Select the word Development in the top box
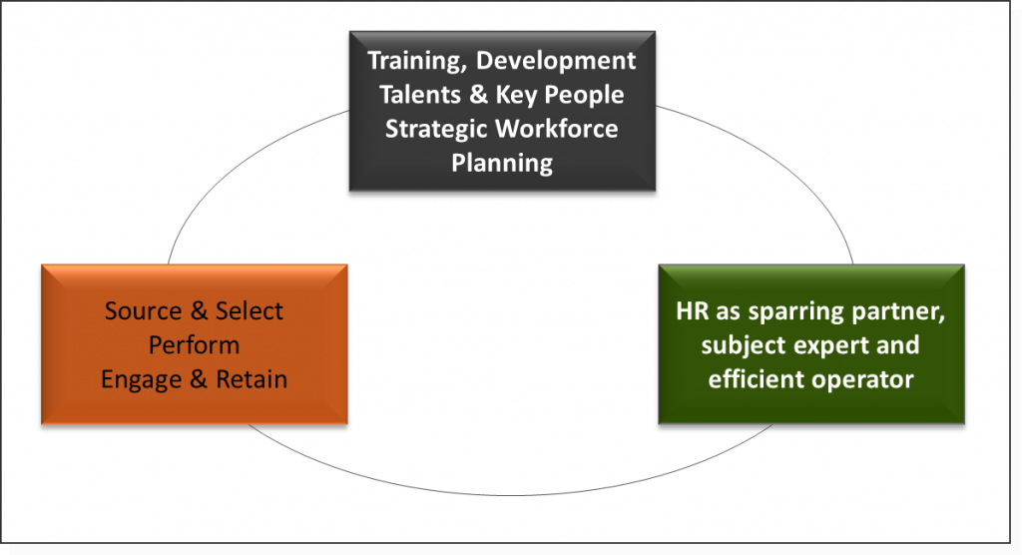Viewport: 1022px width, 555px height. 556,60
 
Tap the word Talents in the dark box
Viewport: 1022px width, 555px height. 420,95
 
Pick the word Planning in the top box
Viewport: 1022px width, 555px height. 502,163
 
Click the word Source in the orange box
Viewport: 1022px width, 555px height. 143,311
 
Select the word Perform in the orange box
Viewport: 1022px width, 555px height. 195,345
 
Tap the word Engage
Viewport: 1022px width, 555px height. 142,379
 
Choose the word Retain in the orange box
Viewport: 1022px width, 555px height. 252,379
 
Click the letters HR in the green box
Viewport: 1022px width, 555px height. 692,311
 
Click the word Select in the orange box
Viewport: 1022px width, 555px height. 249,311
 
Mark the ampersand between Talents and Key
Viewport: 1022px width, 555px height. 478,95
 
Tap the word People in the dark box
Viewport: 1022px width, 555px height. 584,95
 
